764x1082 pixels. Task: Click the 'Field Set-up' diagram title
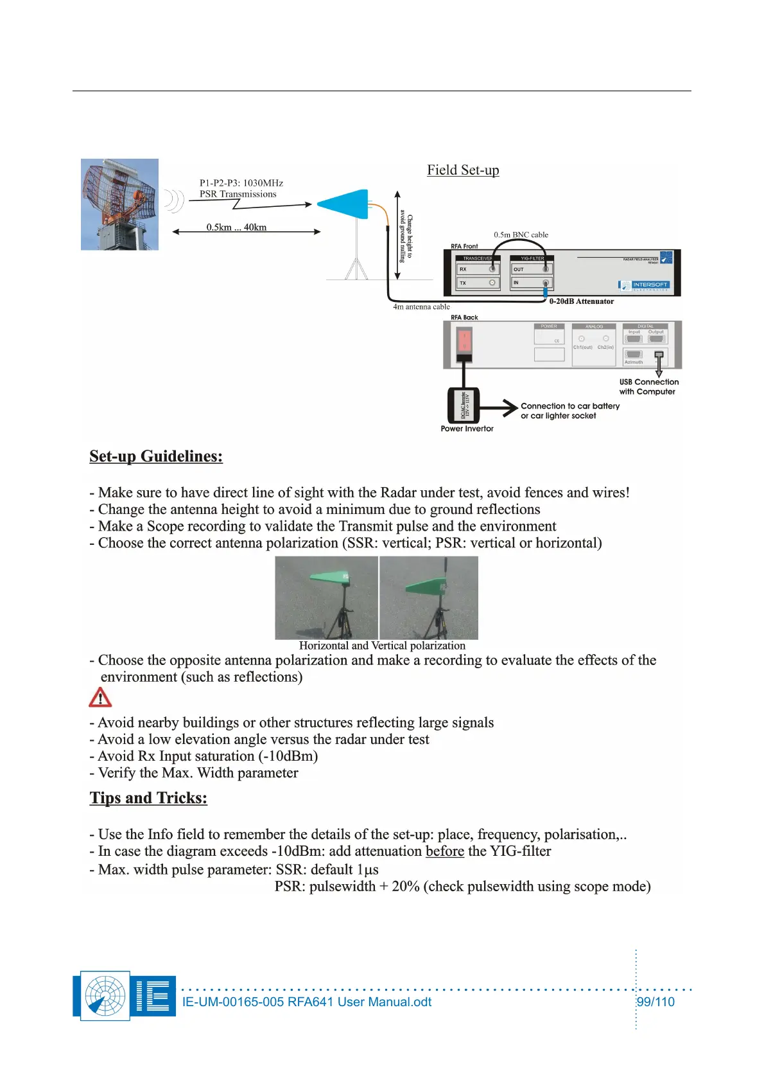click(463, 170)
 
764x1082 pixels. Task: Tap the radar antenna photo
click(119, 204)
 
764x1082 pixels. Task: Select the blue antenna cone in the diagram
click(343, 204)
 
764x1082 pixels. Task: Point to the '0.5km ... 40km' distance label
click(236, 227)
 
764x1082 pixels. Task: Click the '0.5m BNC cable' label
click(521, 235)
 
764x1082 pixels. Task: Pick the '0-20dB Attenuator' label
click(581, 301)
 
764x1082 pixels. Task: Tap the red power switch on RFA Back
click(464, 341)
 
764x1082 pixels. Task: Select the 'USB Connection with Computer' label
click(648, 387)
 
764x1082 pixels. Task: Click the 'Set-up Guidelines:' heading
click(156, 456)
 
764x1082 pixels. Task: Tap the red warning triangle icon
click(100, 698)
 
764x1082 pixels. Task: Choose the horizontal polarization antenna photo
click(326, 598)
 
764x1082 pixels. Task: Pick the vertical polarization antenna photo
click(429, 598)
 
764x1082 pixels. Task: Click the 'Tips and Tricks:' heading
click(148, 798)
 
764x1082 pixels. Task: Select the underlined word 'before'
click(444, 851)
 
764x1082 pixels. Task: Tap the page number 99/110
click(655, 1002)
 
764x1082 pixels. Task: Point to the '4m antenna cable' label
click(421, 307)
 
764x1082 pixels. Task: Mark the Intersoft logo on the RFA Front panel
click(645, 285)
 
